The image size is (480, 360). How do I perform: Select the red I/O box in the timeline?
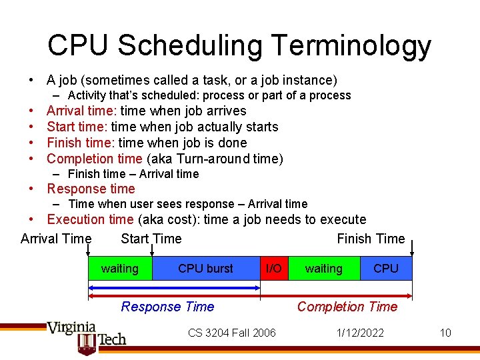[274, 269]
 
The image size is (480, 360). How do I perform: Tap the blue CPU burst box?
[205, 269]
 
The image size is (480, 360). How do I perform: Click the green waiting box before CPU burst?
[120, 269]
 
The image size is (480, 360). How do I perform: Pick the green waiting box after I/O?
[323, 269]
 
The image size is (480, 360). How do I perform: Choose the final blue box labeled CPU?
[386, 269]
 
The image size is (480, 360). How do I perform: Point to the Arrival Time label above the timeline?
[56, 239]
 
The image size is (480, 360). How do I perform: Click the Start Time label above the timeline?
[151, 239]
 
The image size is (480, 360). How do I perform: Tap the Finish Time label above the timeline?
[371, 239]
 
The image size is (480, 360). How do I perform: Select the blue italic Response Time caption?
[167, 307]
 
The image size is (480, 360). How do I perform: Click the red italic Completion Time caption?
[347, 307]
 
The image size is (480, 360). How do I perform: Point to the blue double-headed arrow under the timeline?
[174, 288]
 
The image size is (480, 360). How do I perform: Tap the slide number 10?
[445, 333]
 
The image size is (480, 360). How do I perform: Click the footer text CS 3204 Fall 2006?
[231, 333]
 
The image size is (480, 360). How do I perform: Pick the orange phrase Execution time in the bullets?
[90, 219]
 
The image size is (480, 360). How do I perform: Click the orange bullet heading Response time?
[91, 189]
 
